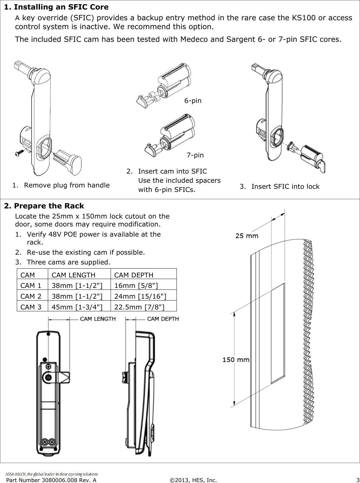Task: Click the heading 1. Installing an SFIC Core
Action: coord(56,7)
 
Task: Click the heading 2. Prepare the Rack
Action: coord(44,206)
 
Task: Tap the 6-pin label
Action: coord(193,101)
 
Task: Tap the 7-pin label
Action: coord(195,155)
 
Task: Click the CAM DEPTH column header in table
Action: coord(133,275)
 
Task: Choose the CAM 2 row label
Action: coord(31,296)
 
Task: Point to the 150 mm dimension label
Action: coord(236,360)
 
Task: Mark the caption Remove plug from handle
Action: coord(67,185)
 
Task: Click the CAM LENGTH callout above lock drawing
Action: coord(97,319)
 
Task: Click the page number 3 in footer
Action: coord(357,480)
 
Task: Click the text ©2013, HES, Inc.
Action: coord(193,480)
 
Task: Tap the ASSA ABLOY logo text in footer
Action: coord(52,474)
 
